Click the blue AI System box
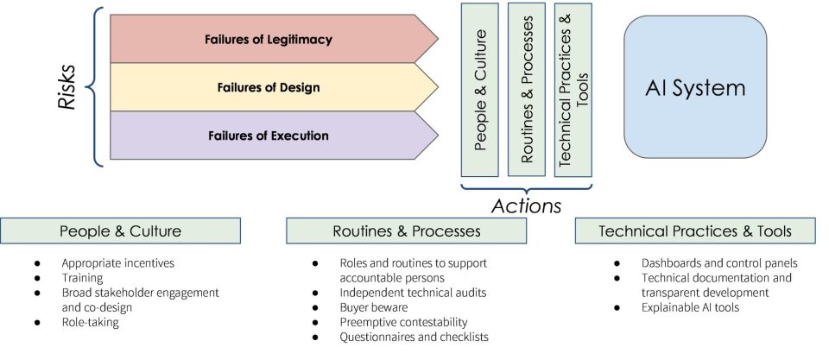coord(695,86)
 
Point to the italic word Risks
coord(67,87)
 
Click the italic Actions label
coord(526,205)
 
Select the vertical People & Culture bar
coord(480,90)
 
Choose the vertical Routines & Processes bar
coord(527,89)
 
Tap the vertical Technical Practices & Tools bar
coord(573,90)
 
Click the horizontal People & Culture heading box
coord(121,231)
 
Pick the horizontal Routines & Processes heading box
coord(407,231)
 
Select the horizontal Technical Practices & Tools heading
coord(695,231)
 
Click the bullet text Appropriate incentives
coord(118,262)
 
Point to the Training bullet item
coord(82,277)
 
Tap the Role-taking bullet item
coord(91,322)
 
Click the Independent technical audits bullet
coord(413,293)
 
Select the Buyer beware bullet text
coord(374,307)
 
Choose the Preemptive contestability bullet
coord(404,322)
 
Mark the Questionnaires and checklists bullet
coord(414,337)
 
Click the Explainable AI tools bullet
coord(691,307)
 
